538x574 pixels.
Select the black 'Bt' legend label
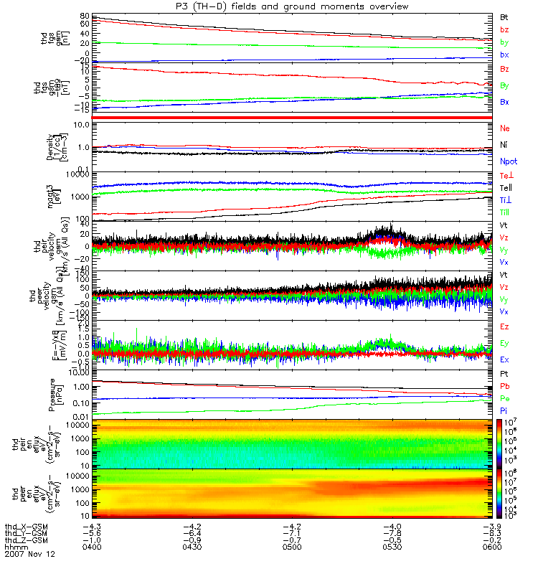(504, 16)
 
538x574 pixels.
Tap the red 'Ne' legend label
(505, 128)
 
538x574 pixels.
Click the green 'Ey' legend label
(505, 342)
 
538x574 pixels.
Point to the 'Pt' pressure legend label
(504, 375)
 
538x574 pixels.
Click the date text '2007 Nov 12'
(29, 555)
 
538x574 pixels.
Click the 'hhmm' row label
(14, 547)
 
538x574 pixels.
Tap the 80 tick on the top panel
(84, 16)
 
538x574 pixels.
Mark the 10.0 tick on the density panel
(80, 125)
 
